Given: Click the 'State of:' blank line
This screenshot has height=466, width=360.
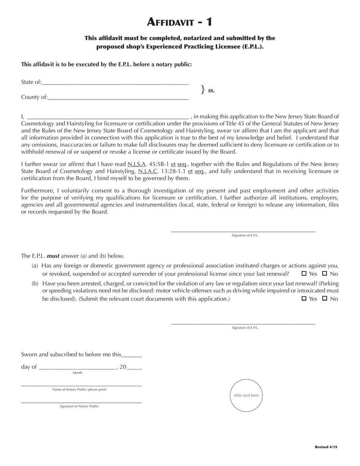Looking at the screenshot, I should point(115,82).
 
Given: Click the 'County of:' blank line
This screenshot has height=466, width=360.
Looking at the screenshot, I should point(118,97).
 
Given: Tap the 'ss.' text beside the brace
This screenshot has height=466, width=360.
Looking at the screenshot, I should point(211,90).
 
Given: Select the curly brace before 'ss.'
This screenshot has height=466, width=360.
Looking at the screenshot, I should point(202,90).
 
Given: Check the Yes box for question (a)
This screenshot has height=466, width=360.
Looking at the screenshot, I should point(304,273).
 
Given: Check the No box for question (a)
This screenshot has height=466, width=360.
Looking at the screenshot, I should point(324,273).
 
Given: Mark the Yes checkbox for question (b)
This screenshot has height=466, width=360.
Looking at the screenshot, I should point(304,299).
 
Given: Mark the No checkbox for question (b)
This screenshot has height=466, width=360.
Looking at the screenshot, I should point(324,299).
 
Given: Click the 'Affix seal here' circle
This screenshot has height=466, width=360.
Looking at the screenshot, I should point(246,395).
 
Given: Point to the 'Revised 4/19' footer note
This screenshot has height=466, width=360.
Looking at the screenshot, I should point(326,447).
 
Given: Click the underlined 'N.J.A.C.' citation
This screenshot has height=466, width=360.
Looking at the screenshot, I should point(148,172).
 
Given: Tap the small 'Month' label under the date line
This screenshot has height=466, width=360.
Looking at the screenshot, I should point(77,373).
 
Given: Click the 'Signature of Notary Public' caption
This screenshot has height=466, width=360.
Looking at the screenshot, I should point(79,406).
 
